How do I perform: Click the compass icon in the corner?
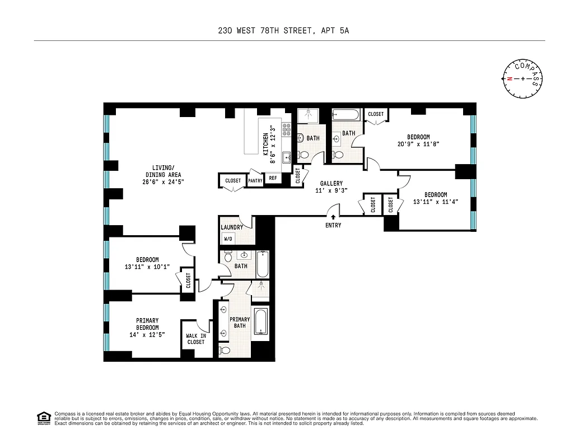[523, 78]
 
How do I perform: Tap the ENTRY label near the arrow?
[333, 225]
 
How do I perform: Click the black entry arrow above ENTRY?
[333, 217]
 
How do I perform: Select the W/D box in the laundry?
[228, 239]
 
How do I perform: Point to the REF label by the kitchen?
[273, 179]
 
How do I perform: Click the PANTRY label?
[255, 181]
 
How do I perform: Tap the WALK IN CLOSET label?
[196, 339]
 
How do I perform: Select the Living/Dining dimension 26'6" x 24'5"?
[164, 182]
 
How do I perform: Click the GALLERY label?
[331, 184]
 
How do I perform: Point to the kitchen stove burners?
[287, 130]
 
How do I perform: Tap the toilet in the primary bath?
[225, 351]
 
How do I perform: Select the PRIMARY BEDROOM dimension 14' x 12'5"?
[147, 335]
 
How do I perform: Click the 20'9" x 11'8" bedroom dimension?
[418, 144]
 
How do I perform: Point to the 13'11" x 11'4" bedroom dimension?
[436, 202]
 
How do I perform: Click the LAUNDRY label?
[232, 227]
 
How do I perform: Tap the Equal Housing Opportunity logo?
[43, 418]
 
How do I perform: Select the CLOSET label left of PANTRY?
[233, 181]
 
